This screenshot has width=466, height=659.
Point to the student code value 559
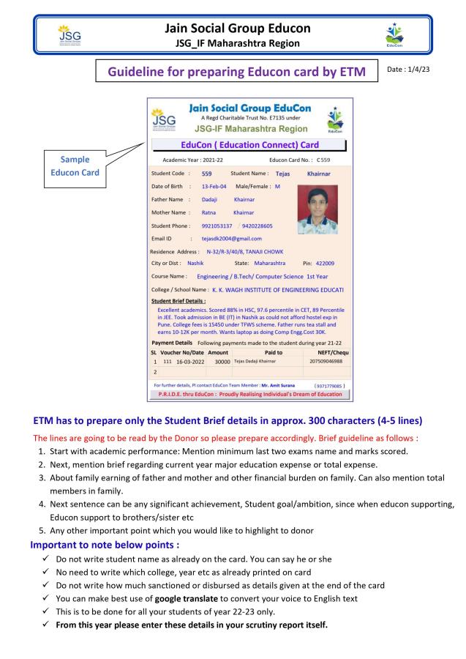pos(206,174)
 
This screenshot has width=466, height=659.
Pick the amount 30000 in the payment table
pos(219,361)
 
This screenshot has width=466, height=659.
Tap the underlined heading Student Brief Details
pos(178,300)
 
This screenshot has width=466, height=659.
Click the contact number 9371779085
pos(329,384)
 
